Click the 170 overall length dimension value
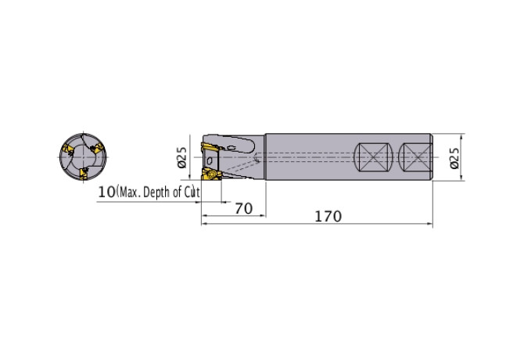point(328,216)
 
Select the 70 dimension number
point(243,209)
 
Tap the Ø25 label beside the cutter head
point(182,158)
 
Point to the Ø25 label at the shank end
point(455,158)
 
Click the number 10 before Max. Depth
point(107,193)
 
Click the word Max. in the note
point(130,193)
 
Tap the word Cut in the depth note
point(192,193)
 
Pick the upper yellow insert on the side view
point(211,147)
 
